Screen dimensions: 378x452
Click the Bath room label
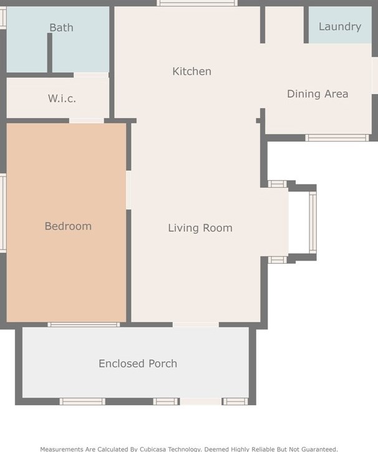point(61,27)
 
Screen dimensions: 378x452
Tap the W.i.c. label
point(62,99)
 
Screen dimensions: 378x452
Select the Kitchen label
point(191,71)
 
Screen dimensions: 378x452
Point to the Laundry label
point(340,27)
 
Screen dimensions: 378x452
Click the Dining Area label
point(317,94)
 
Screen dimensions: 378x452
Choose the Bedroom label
point(68,226)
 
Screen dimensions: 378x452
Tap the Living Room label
point(200,228)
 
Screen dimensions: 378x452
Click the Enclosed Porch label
point(138,363)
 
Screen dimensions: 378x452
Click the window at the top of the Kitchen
point(197,3)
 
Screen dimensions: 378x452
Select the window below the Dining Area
point(337,138)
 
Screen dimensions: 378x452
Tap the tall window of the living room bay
point(313,223)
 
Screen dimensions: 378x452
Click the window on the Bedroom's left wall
point(3,213)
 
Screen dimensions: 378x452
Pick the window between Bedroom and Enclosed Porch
point(84,325)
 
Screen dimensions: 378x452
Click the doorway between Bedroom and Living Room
point(128,190)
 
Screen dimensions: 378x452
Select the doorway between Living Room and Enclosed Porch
point(196,325)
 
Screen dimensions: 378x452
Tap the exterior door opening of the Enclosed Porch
point(201,402)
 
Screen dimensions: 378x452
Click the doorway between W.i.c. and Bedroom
point(87,121)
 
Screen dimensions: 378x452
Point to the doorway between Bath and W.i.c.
point(91,75)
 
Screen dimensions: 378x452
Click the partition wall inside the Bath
point(50,53)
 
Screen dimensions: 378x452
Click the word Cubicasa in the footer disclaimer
point(153,449)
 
